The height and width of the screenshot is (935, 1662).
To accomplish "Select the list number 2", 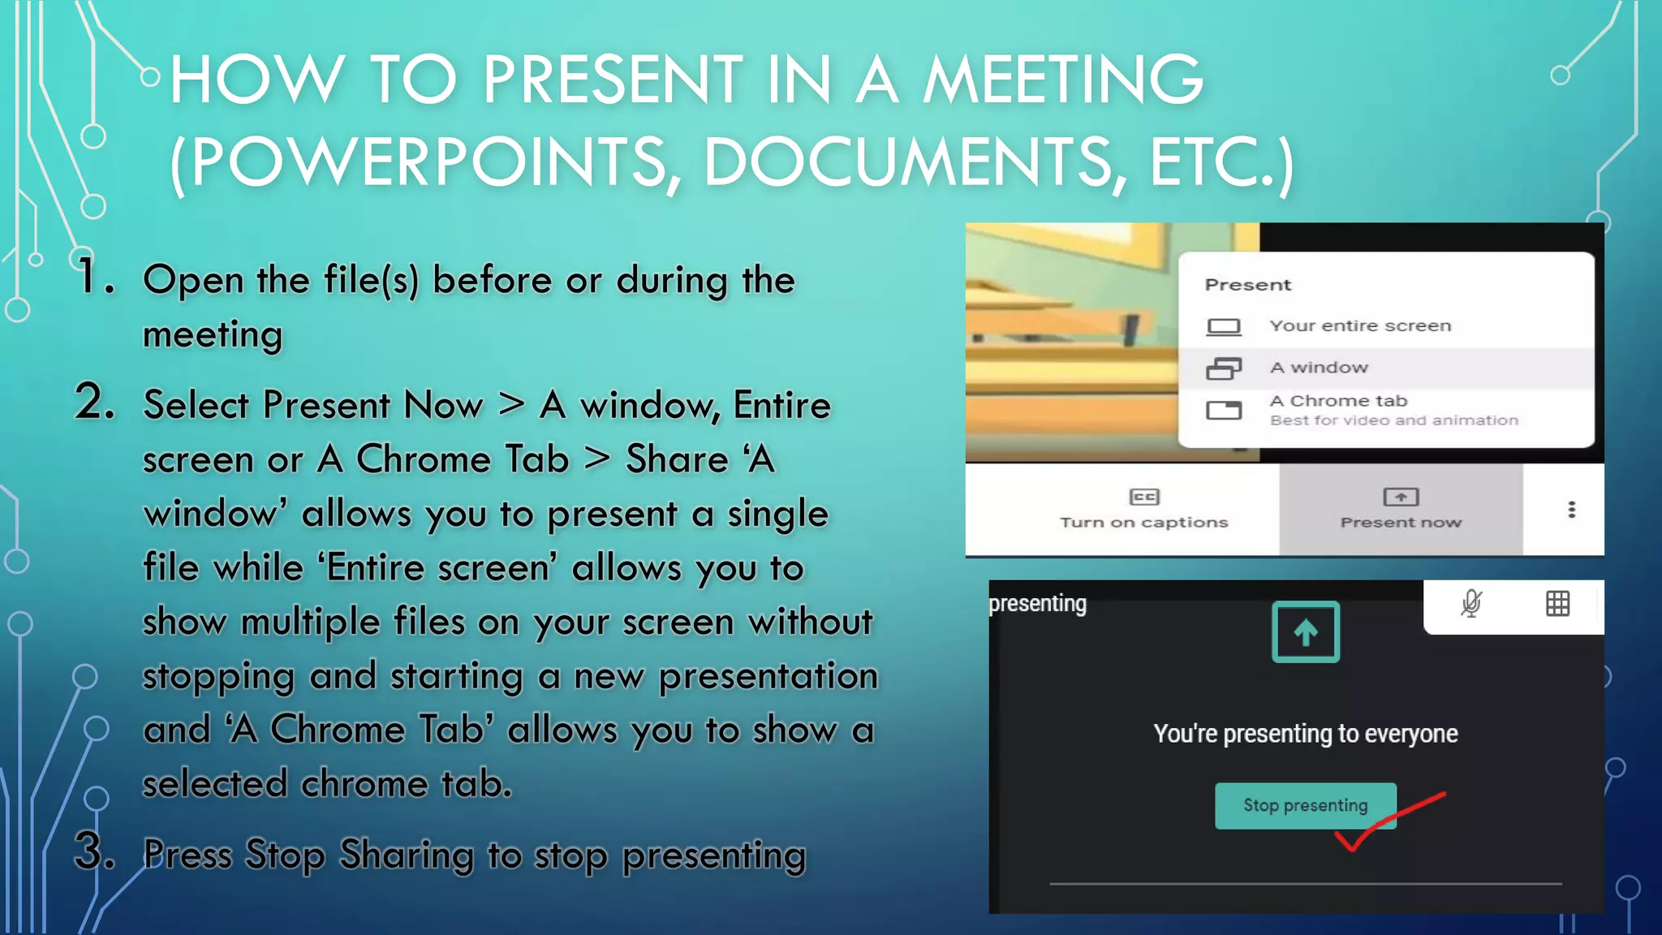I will (x=96, y=402).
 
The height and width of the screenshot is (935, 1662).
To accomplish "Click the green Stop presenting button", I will (x=1305, y=805).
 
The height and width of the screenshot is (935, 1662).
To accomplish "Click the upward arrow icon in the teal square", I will (x=1305, y=631).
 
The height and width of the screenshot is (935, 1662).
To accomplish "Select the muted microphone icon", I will (x=1471, y=604).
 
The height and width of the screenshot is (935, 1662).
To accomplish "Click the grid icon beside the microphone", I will (x=1557, y=604).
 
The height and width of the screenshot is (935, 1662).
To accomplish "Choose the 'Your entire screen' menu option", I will (x=1360, y=325).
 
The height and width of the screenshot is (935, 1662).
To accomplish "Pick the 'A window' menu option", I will (x=1319, y=368).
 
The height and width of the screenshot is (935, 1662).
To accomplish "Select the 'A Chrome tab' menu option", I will (x=1339, y=401).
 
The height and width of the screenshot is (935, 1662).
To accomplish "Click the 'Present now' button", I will (x=1401, y=509).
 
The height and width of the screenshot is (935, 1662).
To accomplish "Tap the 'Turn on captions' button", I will (x=1143, y=509).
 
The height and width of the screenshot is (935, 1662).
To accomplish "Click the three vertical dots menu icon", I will (x=1572, y=509).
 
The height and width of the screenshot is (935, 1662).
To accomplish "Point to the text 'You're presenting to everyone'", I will (x=1305, y=734).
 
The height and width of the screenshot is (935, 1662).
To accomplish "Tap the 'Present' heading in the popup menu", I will (x=1247, y=285).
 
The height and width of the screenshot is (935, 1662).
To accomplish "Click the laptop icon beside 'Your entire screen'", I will (x=1223, y=326).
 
